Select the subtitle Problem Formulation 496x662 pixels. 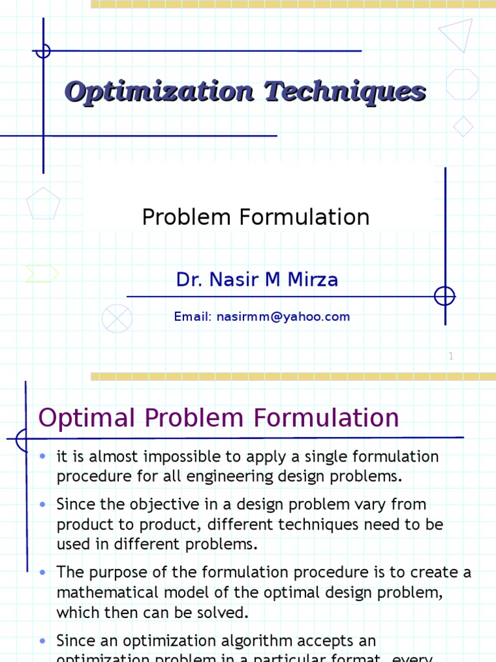point(256,217)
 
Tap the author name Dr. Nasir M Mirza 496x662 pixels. point(257,280)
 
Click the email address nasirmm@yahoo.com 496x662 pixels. point(284,317)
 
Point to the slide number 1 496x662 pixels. point(451,356)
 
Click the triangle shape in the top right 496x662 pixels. point(458,35)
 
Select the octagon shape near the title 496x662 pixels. point(462,84)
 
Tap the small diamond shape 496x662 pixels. point(463,126)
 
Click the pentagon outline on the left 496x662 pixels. point(43,204)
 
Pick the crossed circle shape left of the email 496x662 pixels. point(117,318)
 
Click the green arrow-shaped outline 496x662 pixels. point(42,273)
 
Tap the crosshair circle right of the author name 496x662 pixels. point(444,296)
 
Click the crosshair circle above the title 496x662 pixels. point(43,50)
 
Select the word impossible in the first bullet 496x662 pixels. point(189,457)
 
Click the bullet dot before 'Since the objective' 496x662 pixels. point(43,504)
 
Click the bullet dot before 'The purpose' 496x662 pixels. point(43,572)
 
